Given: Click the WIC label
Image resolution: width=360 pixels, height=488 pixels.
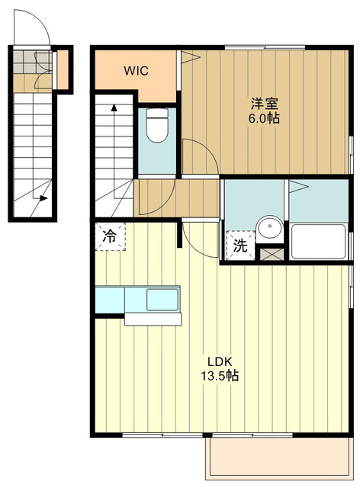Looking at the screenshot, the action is pos(136,71).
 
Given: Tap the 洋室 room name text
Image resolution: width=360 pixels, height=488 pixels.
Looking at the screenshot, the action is pos(264,104).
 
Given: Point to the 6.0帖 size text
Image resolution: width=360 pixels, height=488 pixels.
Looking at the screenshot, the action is pos(264,118).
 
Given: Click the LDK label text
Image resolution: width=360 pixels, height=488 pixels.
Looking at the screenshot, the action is pos(220,361).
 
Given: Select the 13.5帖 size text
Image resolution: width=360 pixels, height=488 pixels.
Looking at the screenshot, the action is pos(220,376).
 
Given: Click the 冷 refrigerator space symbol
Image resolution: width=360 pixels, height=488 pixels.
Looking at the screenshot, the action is pos(110,236).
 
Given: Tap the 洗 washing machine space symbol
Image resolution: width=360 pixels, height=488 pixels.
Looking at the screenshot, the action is pos(240,246).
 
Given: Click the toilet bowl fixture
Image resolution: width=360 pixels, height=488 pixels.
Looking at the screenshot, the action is pos(157,125).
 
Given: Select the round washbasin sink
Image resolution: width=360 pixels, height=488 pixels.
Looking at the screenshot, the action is pos(270,229).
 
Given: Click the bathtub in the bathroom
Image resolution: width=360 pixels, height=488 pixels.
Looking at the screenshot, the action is pos(318,241).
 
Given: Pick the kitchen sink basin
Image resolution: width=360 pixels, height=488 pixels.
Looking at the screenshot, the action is pos(162,299).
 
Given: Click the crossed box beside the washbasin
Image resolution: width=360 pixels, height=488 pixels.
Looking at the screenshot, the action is pos(272,254).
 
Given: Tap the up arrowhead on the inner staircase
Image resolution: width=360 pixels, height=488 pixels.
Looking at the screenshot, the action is pos(114,108).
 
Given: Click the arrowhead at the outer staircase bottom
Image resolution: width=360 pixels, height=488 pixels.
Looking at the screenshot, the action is pos(44,198).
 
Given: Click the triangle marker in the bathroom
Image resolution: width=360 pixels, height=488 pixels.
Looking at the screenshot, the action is pos(299,187).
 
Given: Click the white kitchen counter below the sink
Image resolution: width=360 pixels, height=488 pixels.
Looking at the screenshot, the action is pos(153,319).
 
